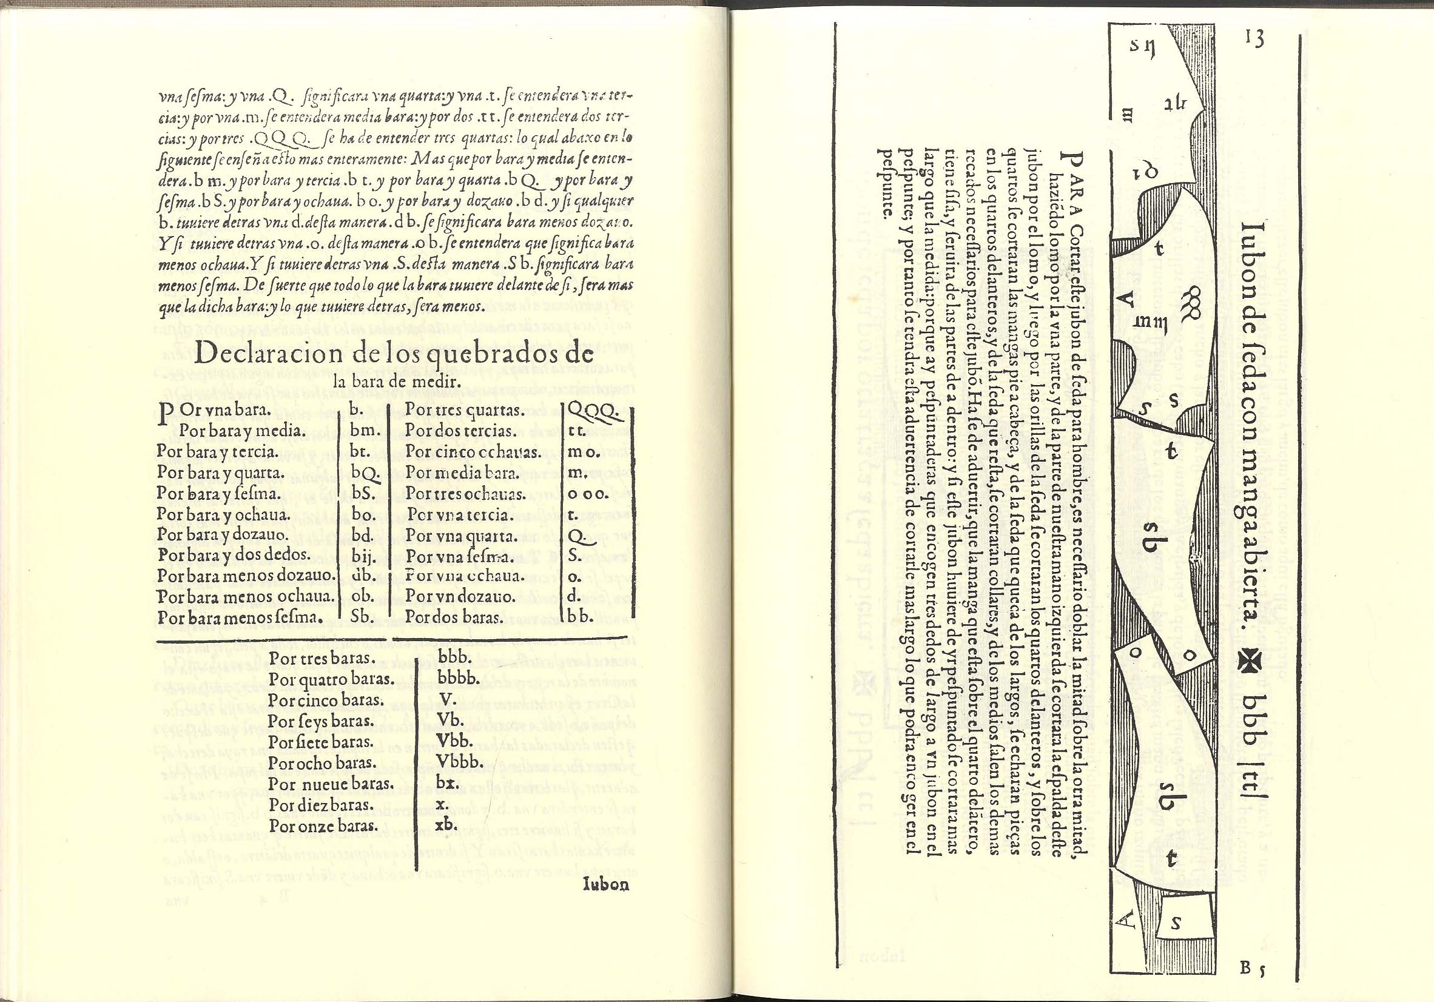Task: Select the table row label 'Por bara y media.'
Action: (x=232, y=431)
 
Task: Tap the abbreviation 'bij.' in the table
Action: (x=363, y=555)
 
